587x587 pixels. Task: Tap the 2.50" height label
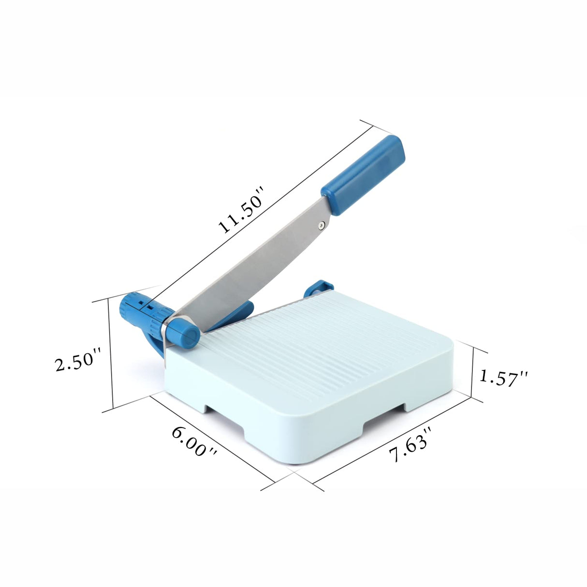[77, 360]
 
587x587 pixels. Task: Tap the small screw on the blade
[322, 224]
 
